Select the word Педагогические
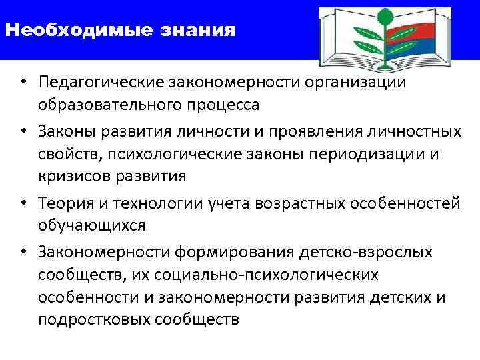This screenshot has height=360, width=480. (x=101, y=83)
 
